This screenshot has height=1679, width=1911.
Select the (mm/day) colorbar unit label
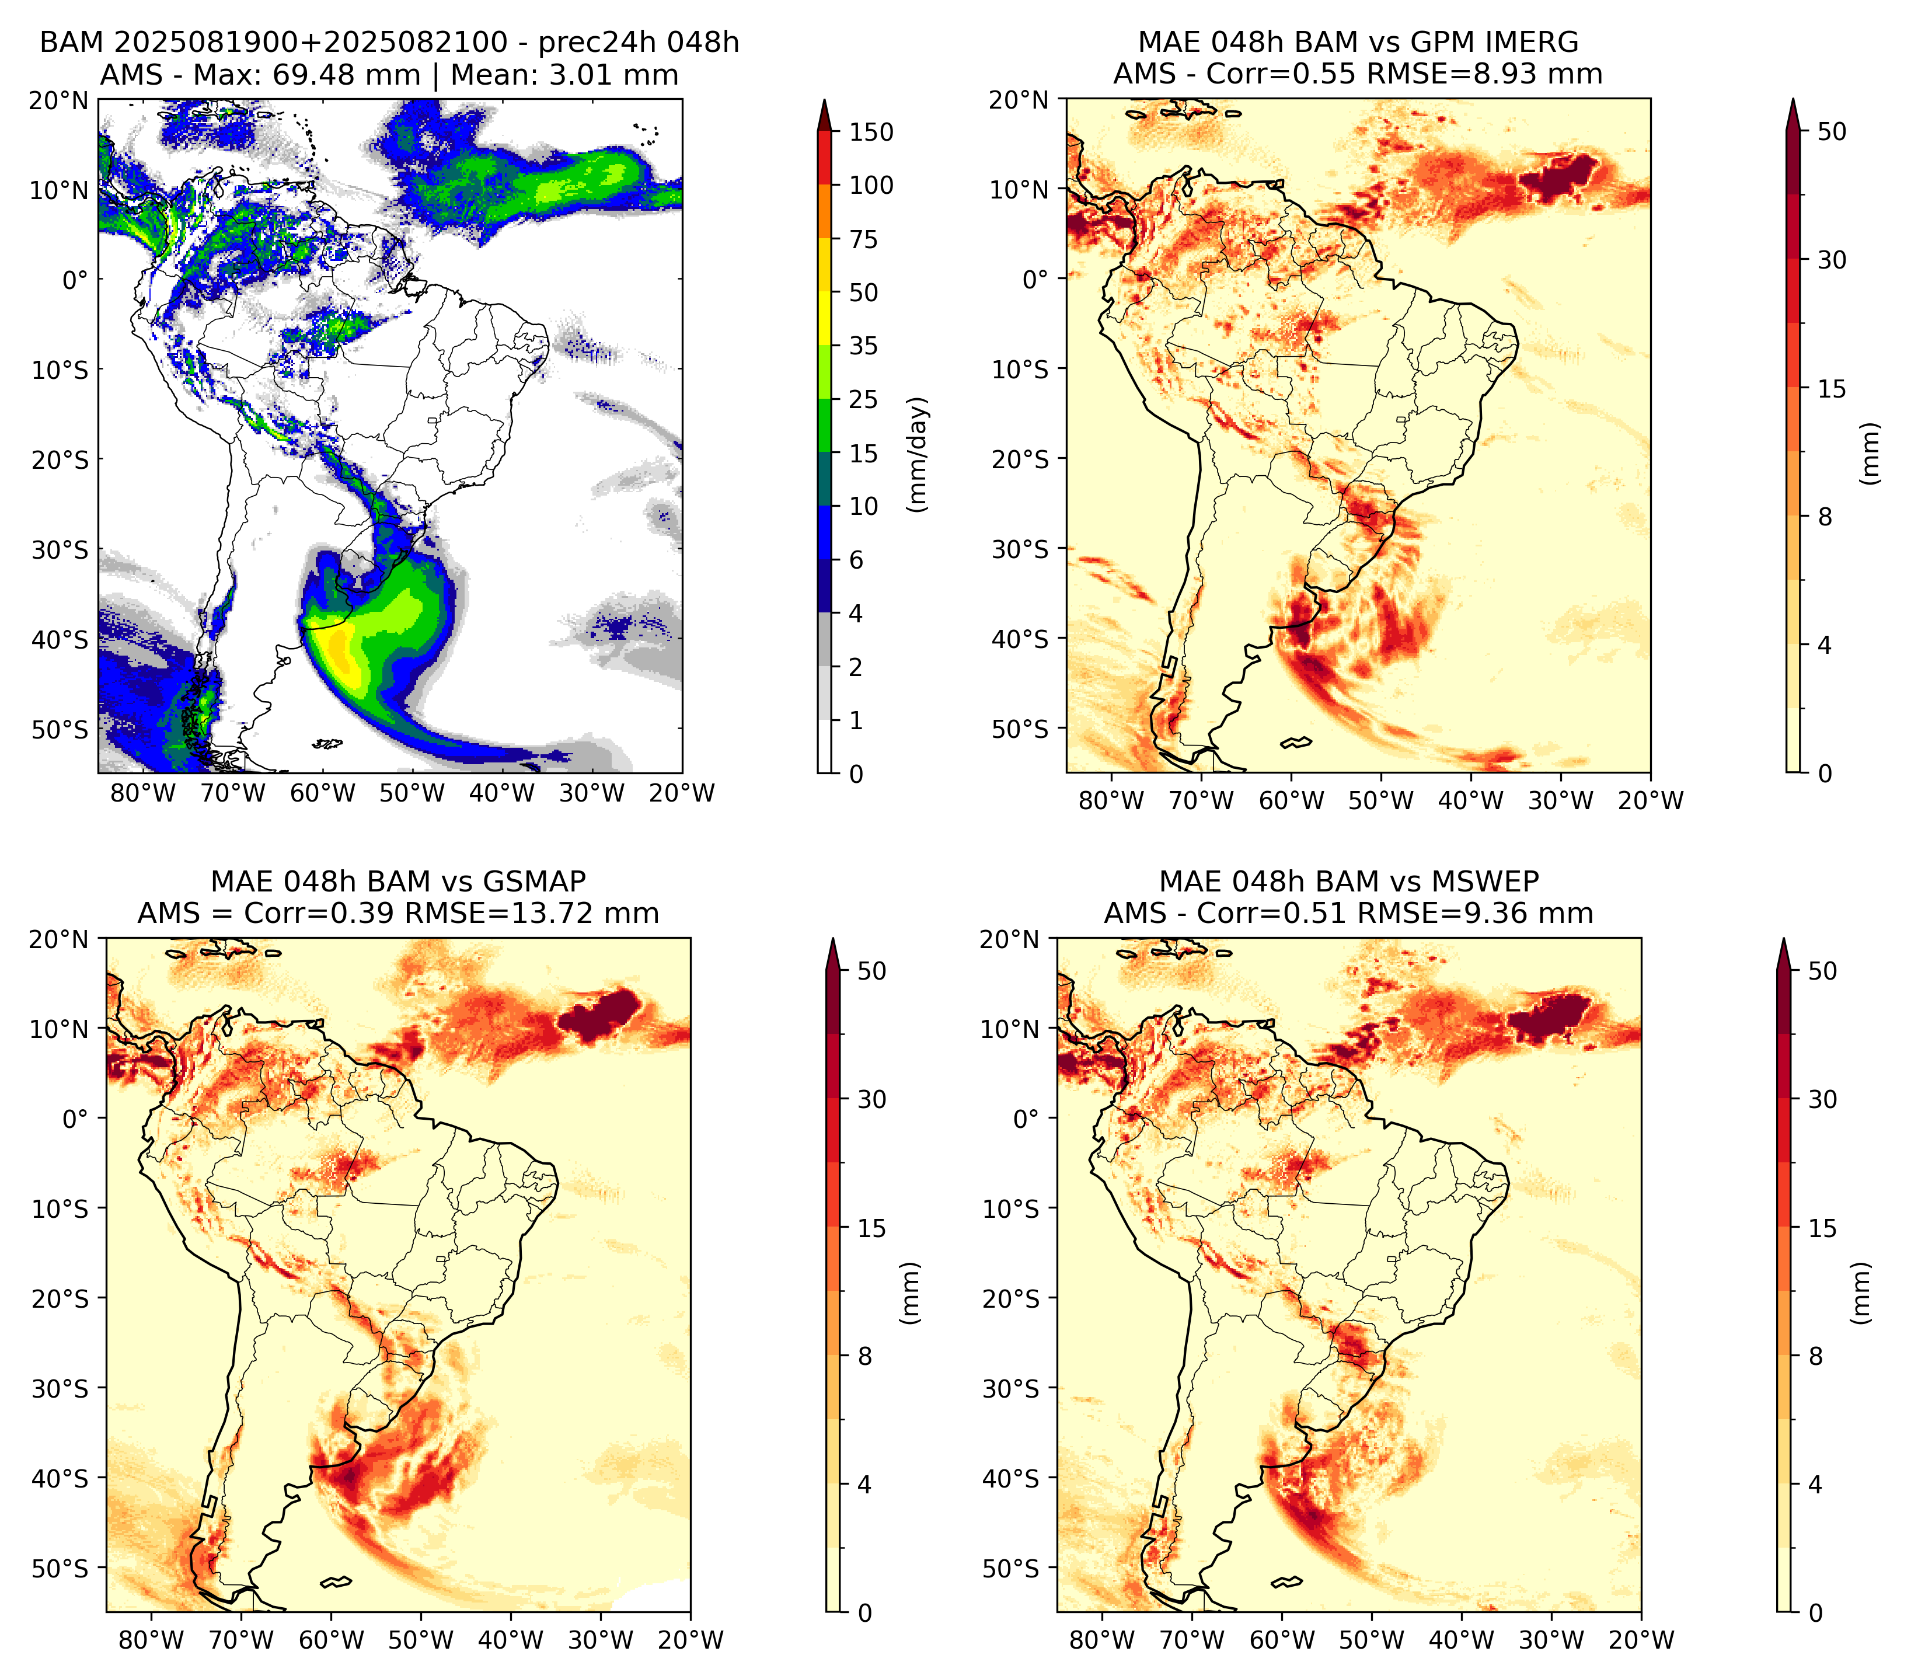(x=918, y=454)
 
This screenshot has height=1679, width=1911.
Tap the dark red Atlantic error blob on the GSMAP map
(x=599, y=1014)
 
